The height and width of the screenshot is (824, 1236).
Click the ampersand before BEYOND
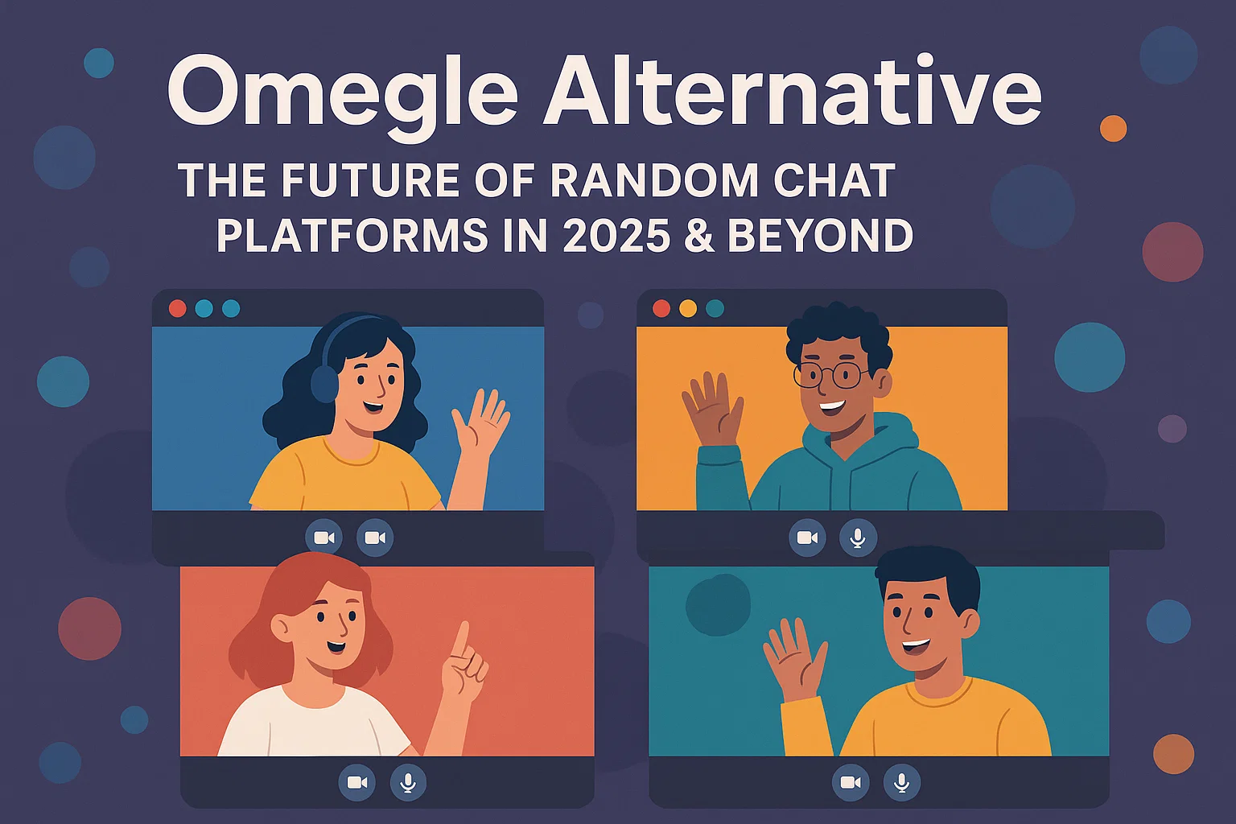(699, 235)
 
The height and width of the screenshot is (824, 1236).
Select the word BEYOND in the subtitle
(821, 235)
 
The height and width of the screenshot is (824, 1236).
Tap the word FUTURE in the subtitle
(369, 180)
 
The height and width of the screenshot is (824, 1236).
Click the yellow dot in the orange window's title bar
(687, 308)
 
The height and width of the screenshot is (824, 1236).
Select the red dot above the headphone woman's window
(177, 308)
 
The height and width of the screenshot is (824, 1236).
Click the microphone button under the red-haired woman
(408, 783)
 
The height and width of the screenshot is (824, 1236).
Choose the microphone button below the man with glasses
(858, 538)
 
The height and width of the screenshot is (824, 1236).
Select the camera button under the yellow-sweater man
(851, 783)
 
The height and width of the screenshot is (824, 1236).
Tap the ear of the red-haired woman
(280, 626)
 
